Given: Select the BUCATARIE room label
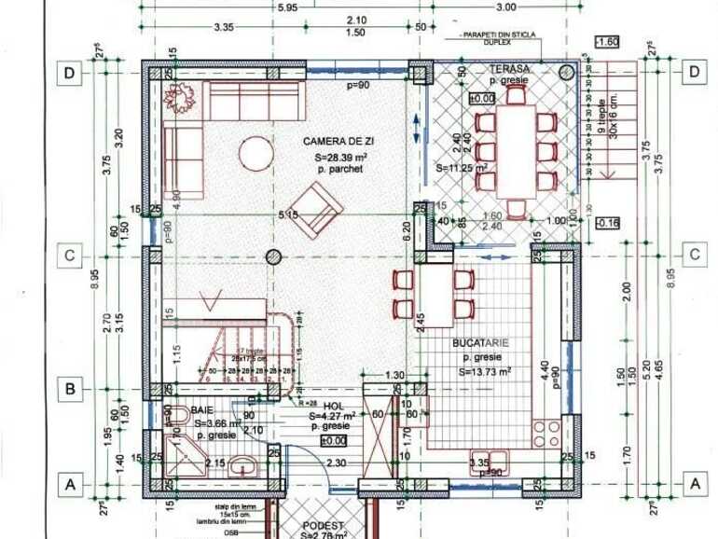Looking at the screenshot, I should pos(480,344).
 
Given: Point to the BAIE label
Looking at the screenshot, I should pos(202,409).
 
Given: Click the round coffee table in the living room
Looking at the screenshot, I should pos(255,150).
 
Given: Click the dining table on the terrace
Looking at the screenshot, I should pos(517,149).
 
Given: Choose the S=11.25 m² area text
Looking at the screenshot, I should pos(463,170).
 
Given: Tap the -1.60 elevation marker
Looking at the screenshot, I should pos(607,43).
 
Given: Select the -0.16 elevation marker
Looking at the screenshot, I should pos(607,222).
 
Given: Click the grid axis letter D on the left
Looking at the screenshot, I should pos(68,72).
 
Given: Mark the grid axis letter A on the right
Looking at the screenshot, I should pos(694,483).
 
